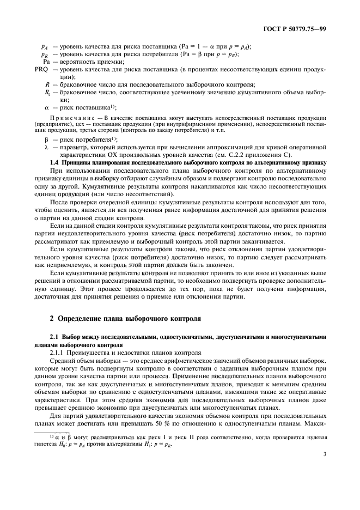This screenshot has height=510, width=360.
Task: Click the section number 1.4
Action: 54,162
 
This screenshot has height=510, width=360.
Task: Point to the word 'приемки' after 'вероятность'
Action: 109,62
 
